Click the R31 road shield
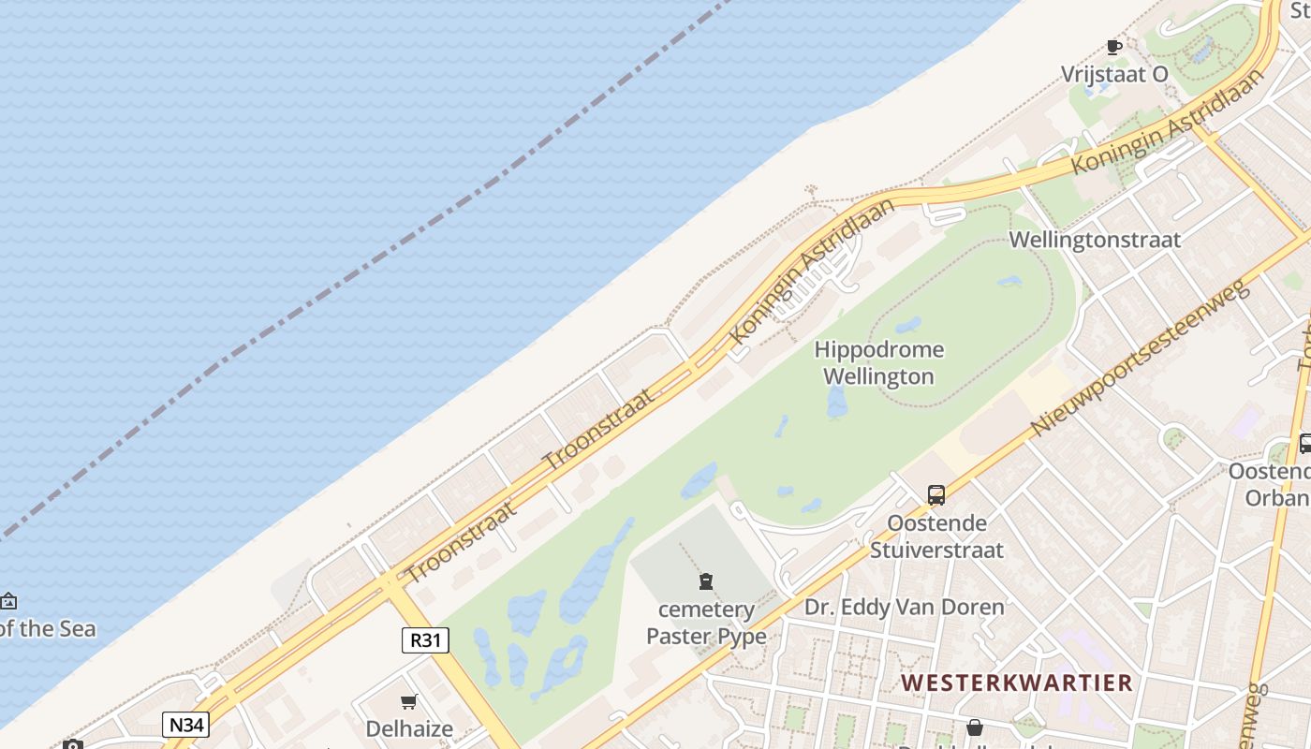(425, 640)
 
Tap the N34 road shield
(185, 725)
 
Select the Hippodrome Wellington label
(878, 363)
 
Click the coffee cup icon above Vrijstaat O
(1114, 47)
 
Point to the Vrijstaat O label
(1114, 74)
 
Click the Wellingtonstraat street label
(1095, 240)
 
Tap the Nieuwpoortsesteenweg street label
(1140, 357)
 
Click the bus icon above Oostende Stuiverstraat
(936, 495)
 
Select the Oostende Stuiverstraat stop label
(936, 536)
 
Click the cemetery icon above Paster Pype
(706, 582)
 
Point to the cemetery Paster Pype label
(706, 623)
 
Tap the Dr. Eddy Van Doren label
(904, 607)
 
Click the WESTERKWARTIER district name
(1017, 683)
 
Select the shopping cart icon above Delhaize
(409, 702)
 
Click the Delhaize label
(409, 728)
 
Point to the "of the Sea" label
(47, 628)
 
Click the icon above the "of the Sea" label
(8, 601)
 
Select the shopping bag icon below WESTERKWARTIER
(975, 727)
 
